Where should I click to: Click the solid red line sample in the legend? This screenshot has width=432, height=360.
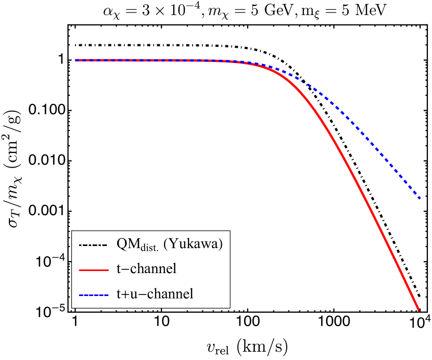[94, 270]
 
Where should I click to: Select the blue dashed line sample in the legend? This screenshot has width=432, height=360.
[94, 295]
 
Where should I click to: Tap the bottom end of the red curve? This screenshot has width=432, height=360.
[418, 310]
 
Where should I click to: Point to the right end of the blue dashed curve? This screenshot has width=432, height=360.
[420, 198]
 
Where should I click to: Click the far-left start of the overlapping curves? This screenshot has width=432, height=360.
[76, 60]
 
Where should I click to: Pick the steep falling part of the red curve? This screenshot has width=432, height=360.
[364, 198]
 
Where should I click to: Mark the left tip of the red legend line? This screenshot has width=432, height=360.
[79, 270]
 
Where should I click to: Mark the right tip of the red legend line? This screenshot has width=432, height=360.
[108, 270]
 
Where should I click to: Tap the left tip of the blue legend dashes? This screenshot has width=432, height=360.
[79, 295]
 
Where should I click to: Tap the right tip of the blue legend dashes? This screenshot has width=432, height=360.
[108, 295]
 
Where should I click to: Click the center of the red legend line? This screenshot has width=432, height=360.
[94, 270]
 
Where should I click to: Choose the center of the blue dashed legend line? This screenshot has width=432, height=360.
[94, 295]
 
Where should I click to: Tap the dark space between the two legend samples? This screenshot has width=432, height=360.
[94, 282]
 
